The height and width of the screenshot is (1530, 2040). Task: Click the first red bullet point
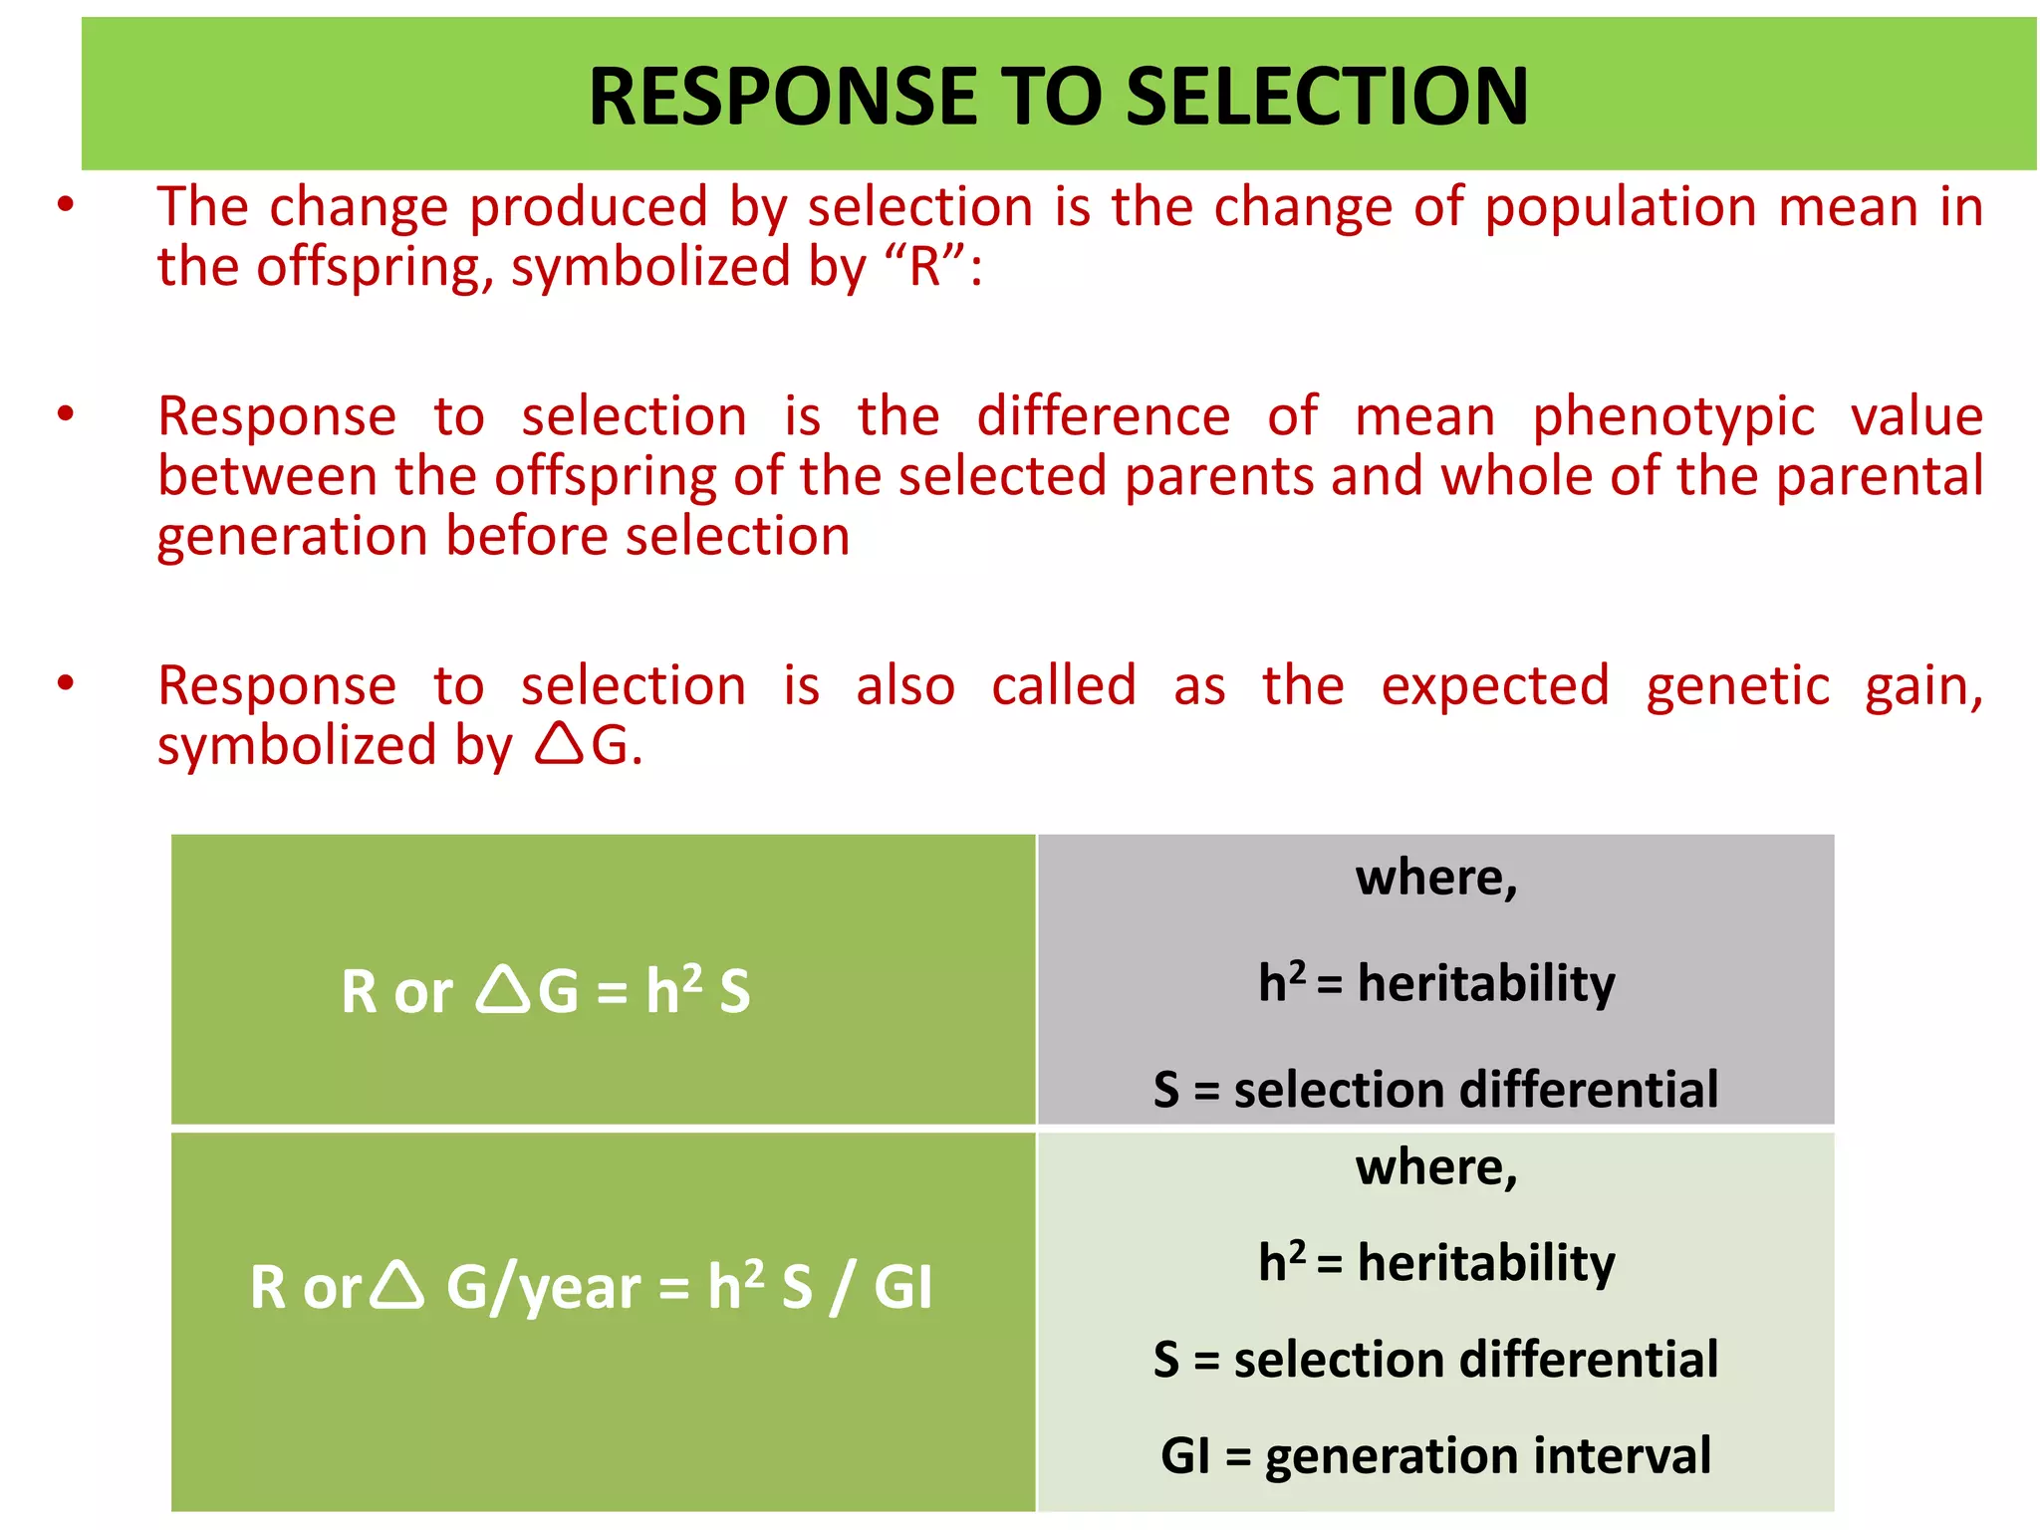pyautogui.click(x=66, y=206)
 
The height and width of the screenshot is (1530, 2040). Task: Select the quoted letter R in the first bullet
pyautogui.click(x=925, y=267)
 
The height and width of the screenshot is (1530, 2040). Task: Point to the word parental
pyautogui.click(x=1880, y=476)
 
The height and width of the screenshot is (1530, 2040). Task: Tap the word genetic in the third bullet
pyautogui.click(x=1737, y=686)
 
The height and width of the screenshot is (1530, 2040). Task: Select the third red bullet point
pyautogui.click(x=66, y=684)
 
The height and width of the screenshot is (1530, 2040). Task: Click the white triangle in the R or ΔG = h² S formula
pyautogui.click(x=503, y=990)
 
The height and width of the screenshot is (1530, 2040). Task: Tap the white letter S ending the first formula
pyautogui.click(x=734, y=993)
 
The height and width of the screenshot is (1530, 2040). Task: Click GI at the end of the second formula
pyautogui.click(x=902, y=1287)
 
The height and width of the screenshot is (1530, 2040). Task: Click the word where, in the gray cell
pyautogui.click(x=1435, y=879)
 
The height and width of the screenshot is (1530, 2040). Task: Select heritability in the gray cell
pyautogui.click(x=1485, y=984)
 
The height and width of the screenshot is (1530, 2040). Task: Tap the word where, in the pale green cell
pyautogui.click(x=1435, y=1168)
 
